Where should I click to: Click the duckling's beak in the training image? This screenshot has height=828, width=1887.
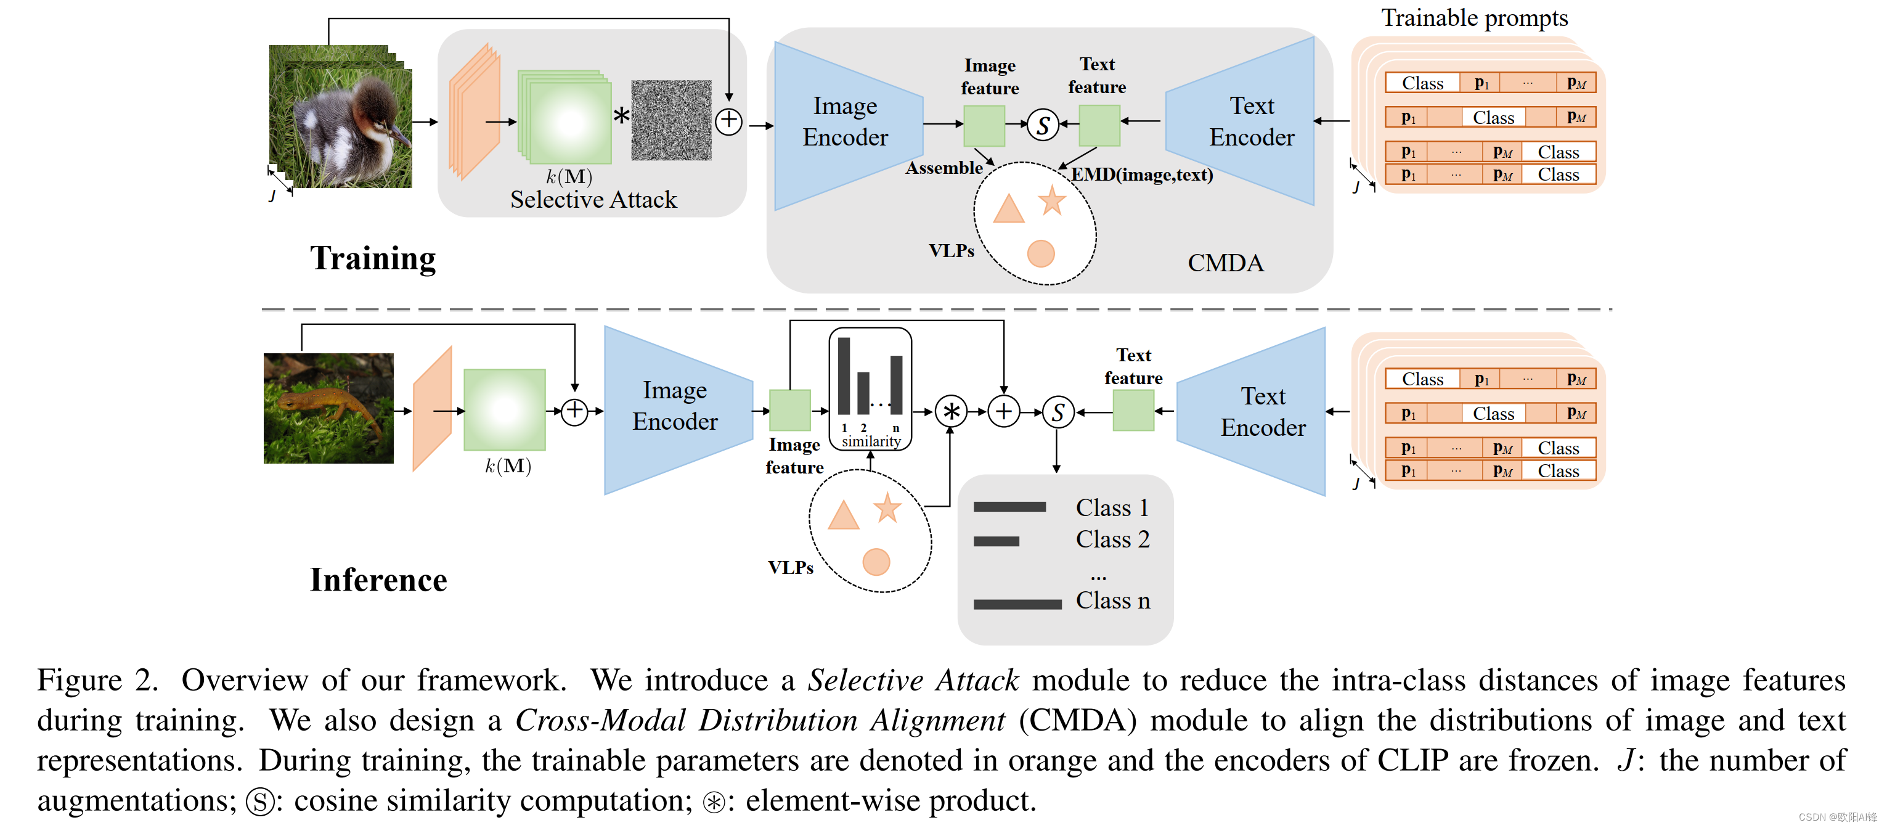click(x=400, y=136)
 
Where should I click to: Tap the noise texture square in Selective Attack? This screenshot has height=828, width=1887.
click(x=671, y=120)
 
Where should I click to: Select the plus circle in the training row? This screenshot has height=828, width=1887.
click(x=729, y=121)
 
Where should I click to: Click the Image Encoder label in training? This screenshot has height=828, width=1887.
click(x=845, y=121)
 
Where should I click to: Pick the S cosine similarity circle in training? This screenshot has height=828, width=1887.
click(x=1042, y=125)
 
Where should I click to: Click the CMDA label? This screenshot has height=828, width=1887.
click(x=1225, y=263)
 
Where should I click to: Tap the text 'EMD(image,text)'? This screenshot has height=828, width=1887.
click(x=1141, y=174)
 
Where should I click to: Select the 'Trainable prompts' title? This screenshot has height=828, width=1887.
click(x=1474, y=18)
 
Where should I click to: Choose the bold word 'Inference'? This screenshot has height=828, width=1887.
click(x=378, y=580)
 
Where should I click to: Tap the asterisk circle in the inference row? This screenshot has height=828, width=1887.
click(x=951, y=411)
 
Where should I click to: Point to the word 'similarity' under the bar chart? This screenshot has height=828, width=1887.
click(x=871, y=441)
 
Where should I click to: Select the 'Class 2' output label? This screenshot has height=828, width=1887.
click(x=1112, y=539)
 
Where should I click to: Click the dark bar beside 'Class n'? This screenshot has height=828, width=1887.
click(x=1017, y=604)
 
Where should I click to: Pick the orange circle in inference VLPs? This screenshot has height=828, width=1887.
click(x=876, y=562)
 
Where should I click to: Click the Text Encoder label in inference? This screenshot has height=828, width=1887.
click(x=1262, y=412)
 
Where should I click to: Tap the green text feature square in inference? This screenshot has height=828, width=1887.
click(x=1133, y=411)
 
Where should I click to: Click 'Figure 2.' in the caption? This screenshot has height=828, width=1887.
click(x=97, y=680)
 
